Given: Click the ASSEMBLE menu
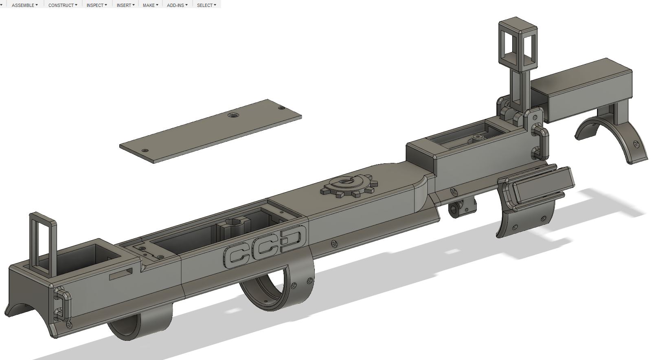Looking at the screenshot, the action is pos(25,5).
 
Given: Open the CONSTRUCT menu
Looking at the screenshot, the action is pos(63,5).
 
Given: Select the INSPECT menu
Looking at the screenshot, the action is pos(97,5).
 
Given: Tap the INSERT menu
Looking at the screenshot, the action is pos(125,5).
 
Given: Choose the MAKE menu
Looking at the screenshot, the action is pos(151,5).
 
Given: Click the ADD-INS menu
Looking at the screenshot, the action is pos(177,5).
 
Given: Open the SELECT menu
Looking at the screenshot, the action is pos(206,5).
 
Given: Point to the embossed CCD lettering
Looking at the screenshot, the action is pos(265,247).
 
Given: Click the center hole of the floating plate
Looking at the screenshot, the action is pos(232,115).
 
